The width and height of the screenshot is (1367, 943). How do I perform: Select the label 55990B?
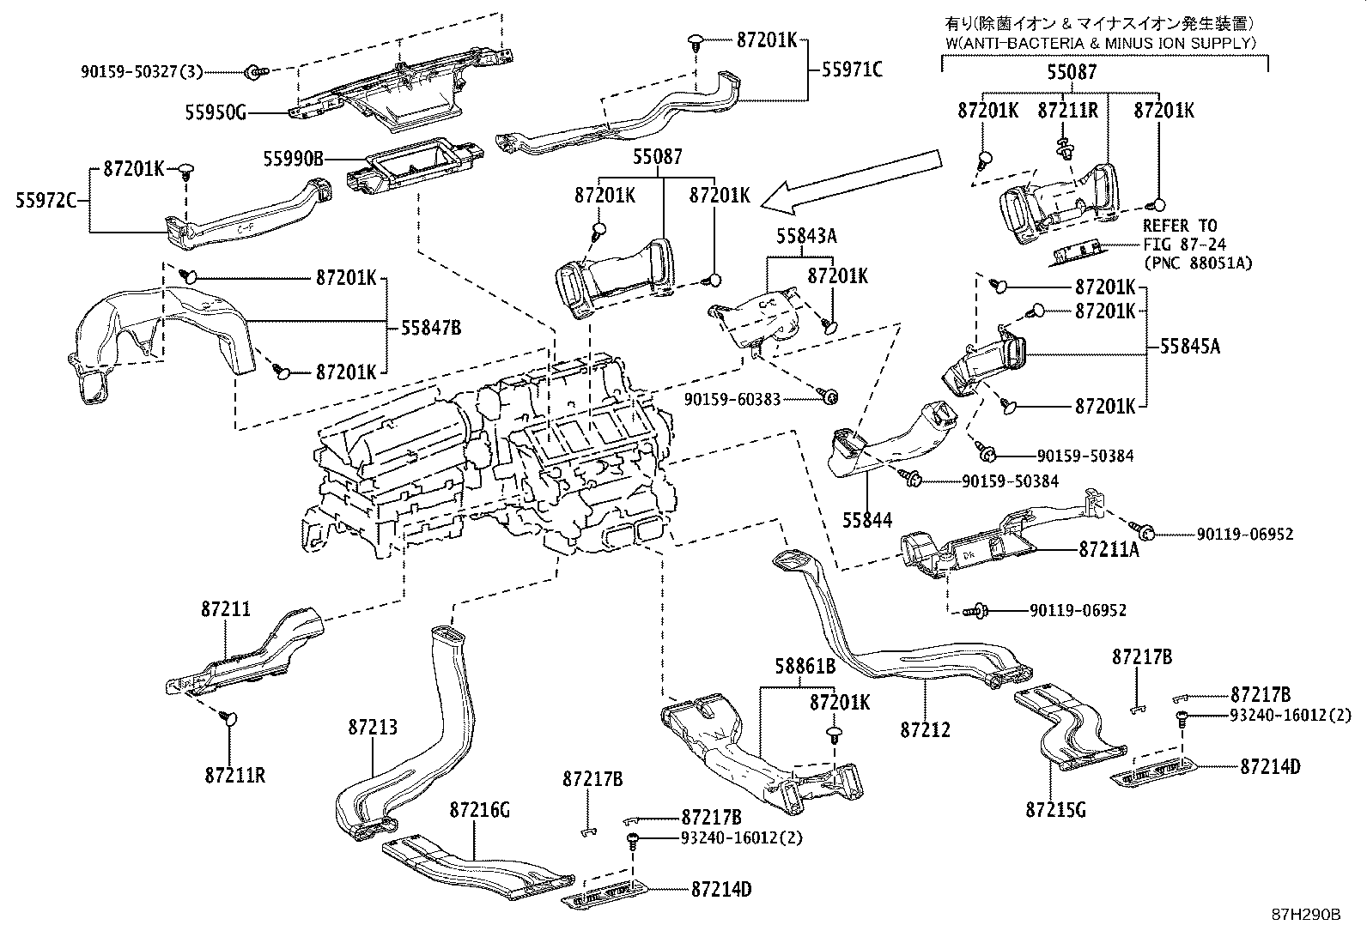click(294, 159)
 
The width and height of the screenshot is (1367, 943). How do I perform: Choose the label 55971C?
click(852, 70)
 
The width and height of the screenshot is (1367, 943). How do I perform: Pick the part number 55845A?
click(1190, 348)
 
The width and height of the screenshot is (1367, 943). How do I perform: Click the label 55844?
click(866, 520)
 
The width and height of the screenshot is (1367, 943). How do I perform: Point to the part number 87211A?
click(1109, 550)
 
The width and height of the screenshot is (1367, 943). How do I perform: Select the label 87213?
click(373, 728)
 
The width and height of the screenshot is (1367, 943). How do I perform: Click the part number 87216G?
click(479, 810)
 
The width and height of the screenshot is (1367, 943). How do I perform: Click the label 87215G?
click(1055, 808)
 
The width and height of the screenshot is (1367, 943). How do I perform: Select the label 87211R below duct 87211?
click(234, 776)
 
